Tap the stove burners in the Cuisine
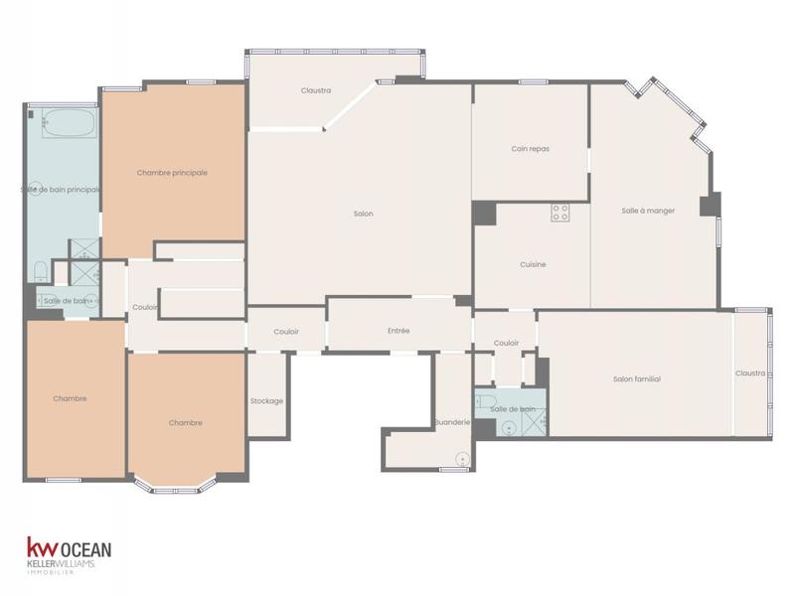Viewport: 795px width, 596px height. tap(560, 212)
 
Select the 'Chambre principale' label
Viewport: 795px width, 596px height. tap(172, 173)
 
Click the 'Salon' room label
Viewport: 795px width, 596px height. tap(363, 214)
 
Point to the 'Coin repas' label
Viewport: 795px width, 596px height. tap(530, 149)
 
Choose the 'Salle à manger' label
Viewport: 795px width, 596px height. tap(648, 211)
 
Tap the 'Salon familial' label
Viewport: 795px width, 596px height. tap(636, 378)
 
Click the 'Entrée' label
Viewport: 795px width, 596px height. tap(398, 331)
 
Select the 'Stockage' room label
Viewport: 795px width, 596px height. tap(266, 401)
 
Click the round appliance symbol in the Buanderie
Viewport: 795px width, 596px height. tap(462, 458)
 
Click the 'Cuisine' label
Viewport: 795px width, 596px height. tap(533, 264)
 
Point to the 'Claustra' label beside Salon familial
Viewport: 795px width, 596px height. tap(750, 373)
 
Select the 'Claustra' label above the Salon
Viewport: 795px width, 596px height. tap(316, 90)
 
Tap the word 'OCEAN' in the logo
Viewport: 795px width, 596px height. tap(86, 548)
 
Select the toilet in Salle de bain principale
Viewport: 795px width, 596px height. tap(40, 270)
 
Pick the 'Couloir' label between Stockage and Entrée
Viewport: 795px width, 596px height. tap(286, 332)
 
